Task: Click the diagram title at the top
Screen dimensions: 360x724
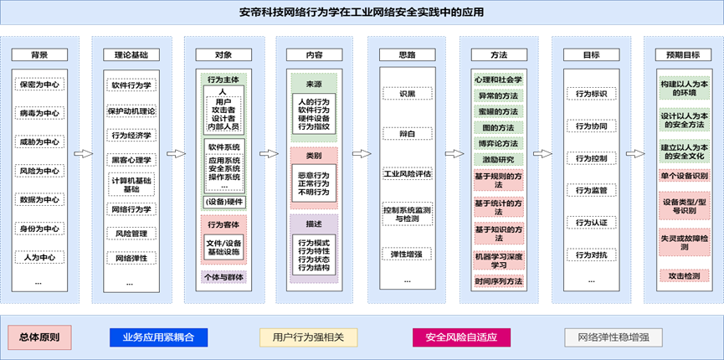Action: pyautogui.click(x=362, y=13)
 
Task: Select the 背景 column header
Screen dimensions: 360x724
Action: pyautogui.click(x=39, y=55)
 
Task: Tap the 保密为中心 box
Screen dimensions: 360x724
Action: pyautogui.click(x=39, y=85)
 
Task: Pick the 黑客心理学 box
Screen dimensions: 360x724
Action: pyautogui.click(x=131, y=159)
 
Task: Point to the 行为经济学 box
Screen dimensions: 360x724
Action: pyautogui.click(x=131, y=135)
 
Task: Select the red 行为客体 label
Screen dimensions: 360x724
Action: pyautogui.click(x=223, y=224)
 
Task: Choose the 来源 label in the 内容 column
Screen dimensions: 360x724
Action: pyautogui.click(x=314, y=84)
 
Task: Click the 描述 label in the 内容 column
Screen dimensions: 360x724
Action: pyautogui.click(x=314, y=223)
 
